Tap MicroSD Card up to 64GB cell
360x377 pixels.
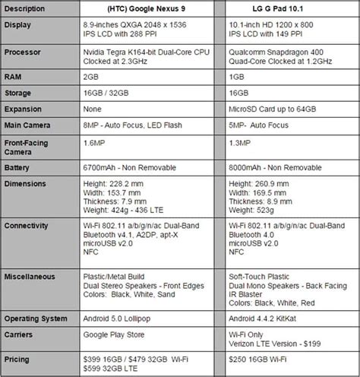(x=280, y=109)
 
